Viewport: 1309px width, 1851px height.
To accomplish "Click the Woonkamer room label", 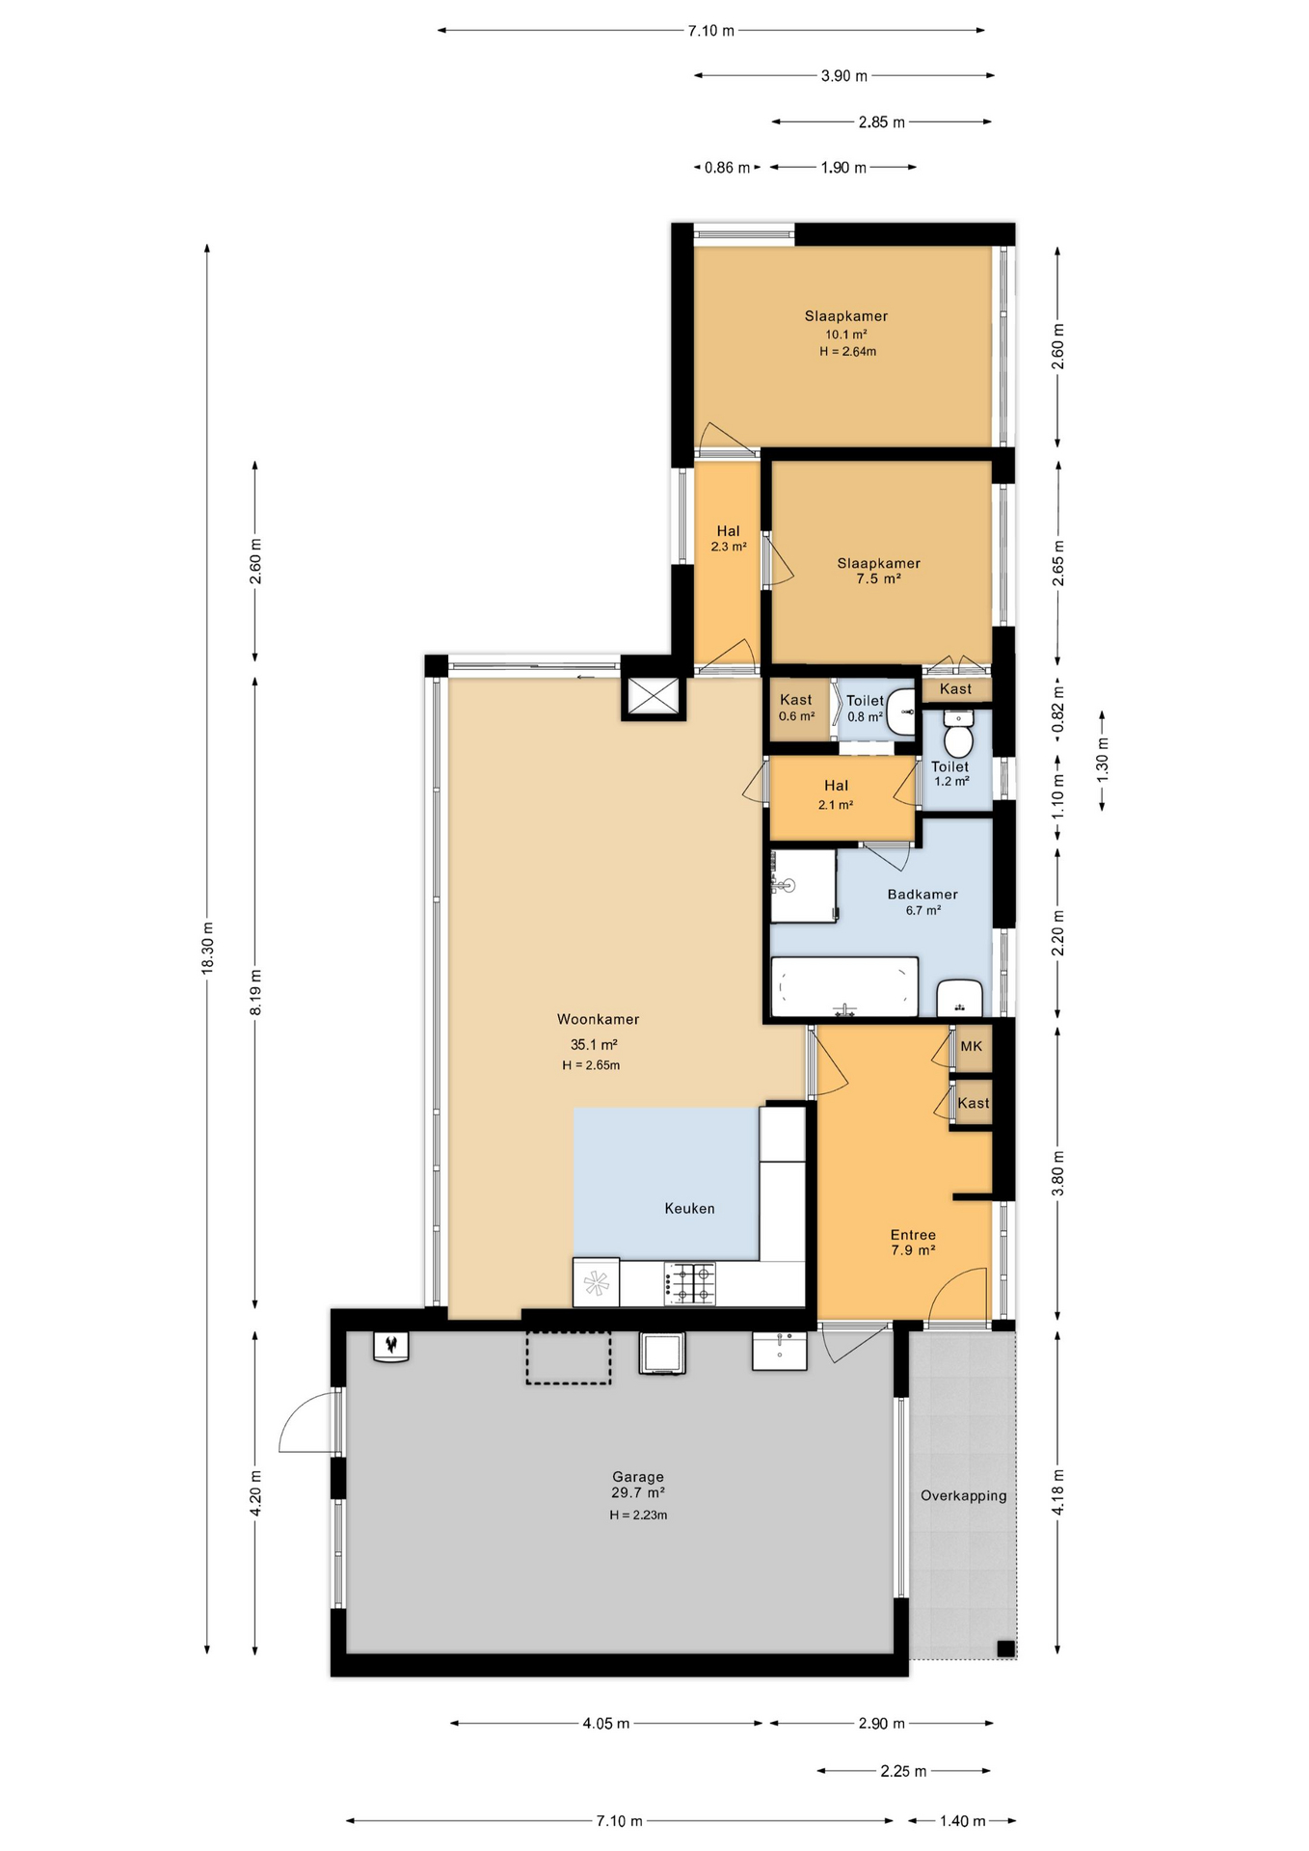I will coord(598,1019).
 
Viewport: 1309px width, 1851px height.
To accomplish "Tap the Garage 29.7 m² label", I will coord(638,1484).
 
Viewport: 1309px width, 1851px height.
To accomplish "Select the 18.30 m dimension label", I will coord(207,949).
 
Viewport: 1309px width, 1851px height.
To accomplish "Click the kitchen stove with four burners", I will coord(690,1283).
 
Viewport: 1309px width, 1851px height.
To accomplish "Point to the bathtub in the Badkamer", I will coord(844,987).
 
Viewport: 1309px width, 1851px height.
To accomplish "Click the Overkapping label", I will coord(963,1495).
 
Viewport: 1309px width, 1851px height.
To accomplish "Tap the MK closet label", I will coord(971,1046).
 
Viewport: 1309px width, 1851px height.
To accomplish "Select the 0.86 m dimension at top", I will coord(727,168).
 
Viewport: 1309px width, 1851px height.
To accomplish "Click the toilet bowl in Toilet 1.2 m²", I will coord(957,739).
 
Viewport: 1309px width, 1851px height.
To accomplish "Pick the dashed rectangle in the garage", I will coord(568,1357).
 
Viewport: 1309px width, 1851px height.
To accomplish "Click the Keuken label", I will coord(689,1208).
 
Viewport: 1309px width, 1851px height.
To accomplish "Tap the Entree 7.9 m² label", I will coord(913,1242).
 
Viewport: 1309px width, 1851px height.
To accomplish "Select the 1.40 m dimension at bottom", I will coord(962,1821).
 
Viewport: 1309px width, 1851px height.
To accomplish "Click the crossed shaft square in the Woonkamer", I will coord(654,696).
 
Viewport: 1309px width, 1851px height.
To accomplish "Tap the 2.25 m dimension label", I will coord(903,1771).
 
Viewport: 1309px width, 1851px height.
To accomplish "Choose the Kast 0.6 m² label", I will coord(796,708).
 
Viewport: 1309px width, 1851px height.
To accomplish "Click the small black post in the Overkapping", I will coord(1005,1648).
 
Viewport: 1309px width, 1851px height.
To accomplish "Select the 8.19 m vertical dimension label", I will coord(255,992).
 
